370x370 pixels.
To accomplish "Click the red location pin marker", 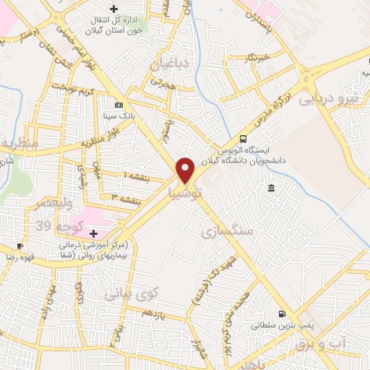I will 185,170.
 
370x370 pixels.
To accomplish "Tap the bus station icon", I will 243,139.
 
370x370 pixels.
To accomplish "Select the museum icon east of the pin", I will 270,189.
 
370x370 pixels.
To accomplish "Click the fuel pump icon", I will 281,314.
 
